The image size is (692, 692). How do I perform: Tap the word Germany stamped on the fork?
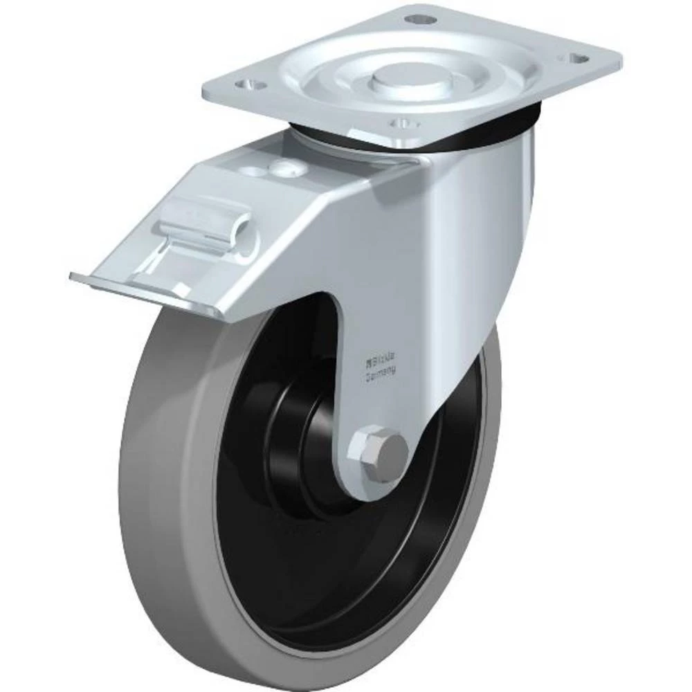point(381,372)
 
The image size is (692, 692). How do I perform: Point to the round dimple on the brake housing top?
point(282,166)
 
